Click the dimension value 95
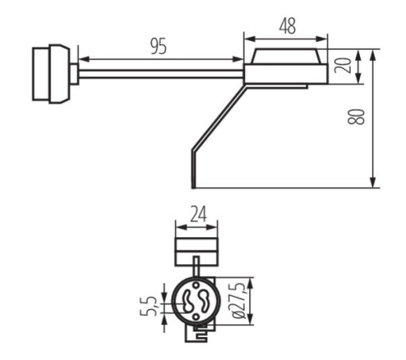(x=159, y=47)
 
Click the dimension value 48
(x=287, y=26)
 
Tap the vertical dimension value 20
(x=343, y=65)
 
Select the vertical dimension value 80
(x=356, y=117)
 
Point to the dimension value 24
(x=198, y=214)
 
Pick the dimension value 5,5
(x=148, y=306)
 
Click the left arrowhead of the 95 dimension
(x=84, y=59)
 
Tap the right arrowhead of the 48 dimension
(x=322, y=39)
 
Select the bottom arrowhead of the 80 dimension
(x=373, y=182)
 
